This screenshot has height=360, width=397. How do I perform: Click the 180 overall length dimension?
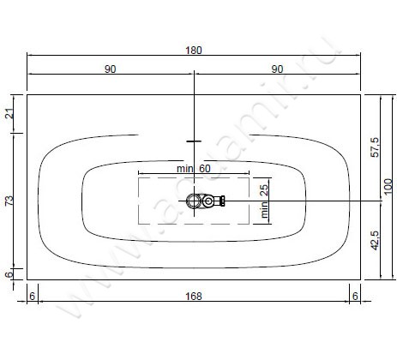click(194, 51)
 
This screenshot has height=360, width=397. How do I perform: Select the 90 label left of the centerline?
click(111, 69)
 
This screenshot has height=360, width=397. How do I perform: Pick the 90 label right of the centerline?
click(277, 69)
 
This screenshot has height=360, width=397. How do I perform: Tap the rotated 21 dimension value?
click(10, 114)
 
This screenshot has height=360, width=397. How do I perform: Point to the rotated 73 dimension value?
click(10, 201)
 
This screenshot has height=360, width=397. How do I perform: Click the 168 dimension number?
click(194, 297)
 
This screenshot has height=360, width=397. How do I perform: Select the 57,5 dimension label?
click(375, 147)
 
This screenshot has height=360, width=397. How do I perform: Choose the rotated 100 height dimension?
click(388, 186)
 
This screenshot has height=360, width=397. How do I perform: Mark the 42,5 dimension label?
click(375, 240)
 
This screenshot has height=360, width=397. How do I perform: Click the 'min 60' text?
click(194, 169)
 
